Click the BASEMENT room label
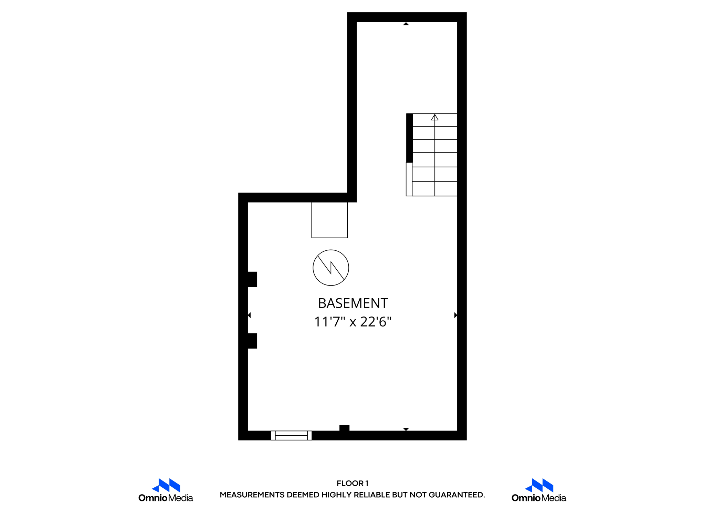353,303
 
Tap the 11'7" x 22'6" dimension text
353,322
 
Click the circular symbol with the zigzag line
331,268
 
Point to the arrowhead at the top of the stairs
435,117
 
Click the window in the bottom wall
291,435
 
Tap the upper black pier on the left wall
252,279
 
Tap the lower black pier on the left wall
252,341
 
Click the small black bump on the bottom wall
344,428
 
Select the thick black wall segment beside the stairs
409,138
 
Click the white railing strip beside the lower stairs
409,179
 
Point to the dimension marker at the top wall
406,24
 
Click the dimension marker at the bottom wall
406,429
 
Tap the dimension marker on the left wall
249,315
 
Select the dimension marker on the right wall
455,315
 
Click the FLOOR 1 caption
352,483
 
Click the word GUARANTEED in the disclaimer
456,495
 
